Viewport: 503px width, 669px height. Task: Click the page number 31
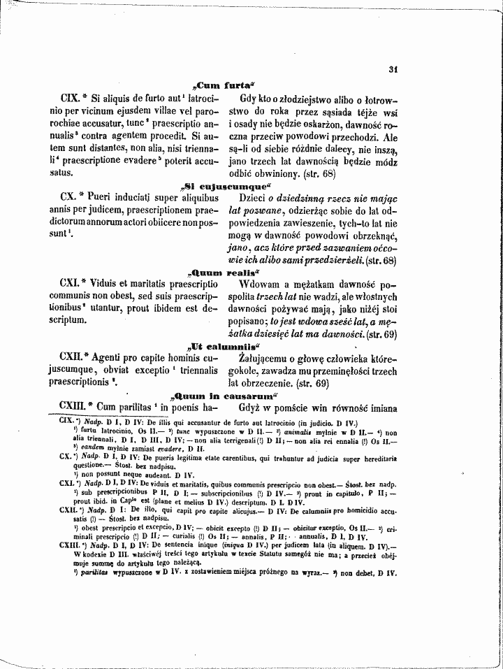pyautogui.click(x=393, y=69)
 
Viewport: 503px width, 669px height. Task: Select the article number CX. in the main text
pyautogui.click(x=73, y=200)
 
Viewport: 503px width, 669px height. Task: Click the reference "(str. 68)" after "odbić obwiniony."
pyautogui.click(x=319, y=172)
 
